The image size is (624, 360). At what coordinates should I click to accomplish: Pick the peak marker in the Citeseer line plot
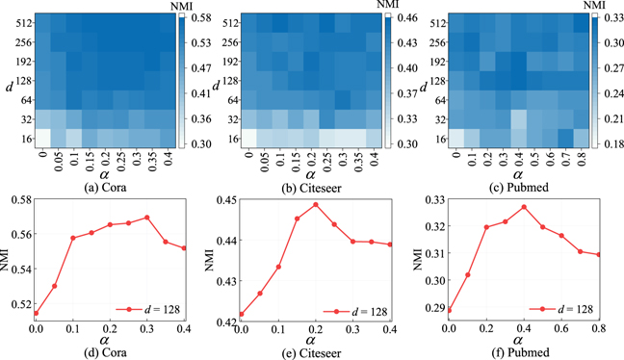point(315,204)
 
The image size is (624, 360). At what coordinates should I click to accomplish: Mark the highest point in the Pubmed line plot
point(524,207)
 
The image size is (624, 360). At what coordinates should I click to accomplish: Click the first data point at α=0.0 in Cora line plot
point(36,313)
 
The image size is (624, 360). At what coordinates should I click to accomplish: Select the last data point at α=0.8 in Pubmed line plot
point(598,254)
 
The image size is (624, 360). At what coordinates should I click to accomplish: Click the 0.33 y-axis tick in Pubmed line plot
point(431,199)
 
